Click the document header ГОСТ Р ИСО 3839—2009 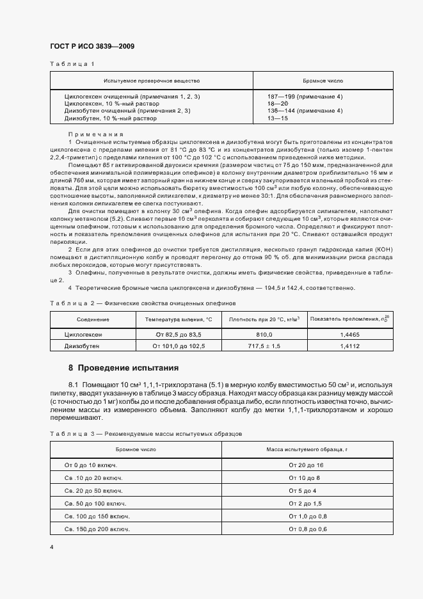(x=92, y=47)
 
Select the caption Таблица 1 (x=72, y=64)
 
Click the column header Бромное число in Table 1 (x=323, y=81)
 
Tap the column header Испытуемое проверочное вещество (x=152, y=81)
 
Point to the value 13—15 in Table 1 (x=278, y=118)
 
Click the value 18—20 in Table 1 (x=278, y=103)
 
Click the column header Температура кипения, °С (x=178, y=319)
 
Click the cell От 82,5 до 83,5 (x=178, y=335)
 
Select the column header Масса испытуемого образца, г (x=307, y=449)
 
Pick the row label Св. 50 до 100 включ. (x=94, y=504)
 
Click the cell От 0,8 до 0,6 (x=307, y=529)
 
